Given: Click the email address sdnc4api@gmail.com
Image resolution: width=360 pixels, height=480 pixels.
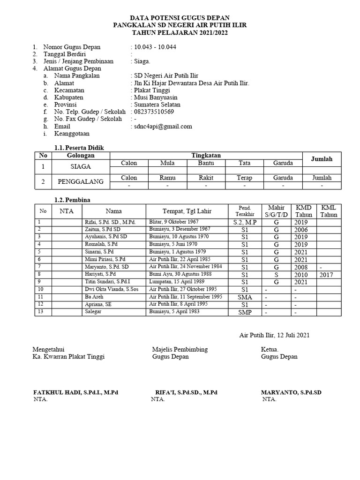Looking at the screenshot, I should click(x=163, y=126).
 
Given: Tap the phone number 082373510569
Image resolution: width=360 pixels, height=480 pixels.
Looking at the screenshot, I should click(x=154, y=112).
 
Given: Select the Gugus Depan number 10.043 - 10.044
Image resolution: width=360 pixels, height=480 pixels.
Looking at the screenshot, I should click(x=155, y=47).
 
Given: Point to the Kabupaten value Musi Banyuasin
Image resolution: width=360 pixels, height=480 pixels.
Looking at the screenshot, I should click(x=156, y=97).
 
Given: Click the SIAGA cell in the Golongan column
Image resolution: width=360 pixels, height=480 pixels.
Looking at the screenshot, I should click(x=81, y=166).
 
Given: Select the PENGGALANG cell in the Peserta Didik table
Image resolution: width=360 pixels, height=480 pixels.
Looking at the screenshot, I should click(x=81, y=182).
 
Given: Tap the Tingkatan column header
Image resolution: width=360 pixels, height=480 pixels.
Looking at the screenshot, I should click(x=206, y=155).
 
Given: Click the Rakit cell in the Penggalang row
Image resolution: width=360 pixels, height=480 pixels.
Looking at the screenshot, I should click(x=206, y=178).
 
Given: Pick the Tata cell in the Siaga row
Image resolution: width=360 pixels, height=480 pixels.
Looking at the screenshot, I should click(x=244, y=163).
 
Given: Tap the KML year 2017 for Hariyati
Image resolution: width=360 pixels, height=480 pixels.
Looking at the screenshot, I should click(x=329, y=275).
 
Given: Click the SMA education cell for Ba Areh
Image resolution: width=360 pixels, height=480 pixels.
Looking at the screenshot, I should click(x=244, y=297).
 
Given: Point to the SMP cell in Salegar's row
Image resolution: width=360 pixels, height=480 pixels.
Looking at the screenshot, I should click(x=244, y=312).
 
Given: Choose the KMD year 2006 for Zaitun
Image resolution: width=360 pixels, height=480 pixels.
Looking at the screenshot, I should click(x=301, y=230).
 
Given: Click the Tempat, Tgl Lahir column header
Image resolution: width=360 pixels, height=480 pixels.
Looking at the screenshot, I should click(x=186, y=211).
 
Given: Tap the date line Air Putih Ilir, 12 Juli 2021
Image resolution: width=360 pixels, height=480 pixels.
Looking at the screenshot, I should click(x=274, y=335).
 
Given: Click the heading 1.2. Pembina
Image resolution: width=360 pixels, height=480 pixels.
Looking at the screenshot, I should click(x=72, y=200).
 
